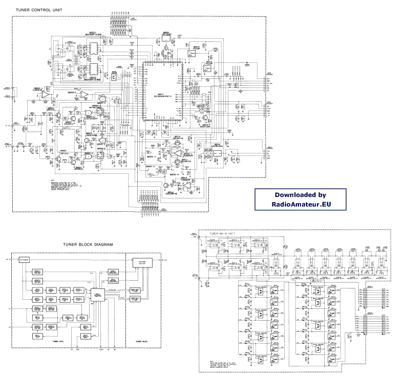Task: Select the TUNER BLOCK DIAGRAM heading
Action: [84, 244]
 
